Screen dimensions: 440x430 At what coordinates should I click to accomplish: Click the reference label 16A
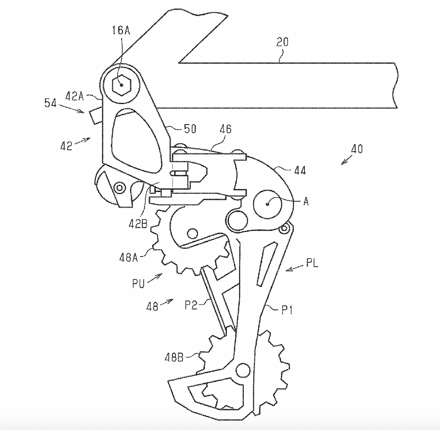(x=121, y=30)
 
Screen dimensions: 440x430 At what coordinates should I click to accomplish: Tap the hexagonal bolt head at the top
(x=122, y=85)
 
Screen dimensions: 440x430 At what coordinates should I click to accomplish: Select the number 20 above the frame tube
(x=282, y=42)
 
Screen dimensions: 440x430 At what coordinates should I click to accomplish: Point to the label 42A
(x=75, y=96)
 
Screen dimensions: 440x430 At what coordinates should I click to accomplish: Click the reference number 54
(x=50, y=103)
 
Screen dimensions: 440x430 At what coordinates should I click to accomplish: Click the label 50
(x=190, y=129)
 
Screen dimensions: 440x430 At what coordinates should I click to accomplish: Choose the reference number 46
(x=225, y=129)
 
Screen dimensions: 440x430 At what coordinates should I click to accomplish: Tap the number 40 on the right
(x=357, y=149)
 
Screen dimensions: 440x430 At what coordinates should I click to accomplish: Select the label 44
(x=300, y=170)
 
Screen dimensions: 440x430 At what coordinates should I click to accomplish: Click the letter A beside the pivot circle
(x=306, y=201)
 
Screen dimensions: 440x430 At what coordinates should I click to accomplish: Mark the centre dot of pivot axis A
(x=268, y=204)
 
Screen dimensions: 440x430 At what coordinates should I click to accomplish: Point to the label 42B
(x=138, y=224)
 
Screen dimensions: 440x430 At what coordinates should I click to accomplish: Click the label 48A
(x=129, y=257)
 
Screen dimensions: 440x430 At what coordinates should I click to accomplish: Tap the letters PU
(x=138, y=283)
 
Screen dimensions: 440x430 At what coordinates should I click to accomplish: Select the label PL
(x=312, y=263)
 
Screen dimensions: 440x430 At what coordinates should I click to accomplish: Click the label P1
(x=287, y=310)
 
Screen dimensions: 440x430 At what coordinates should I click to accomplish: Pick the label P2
(x=191, y=305)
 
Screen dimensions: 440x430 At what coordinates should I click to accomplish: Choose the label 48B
(x=174, y=357)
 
